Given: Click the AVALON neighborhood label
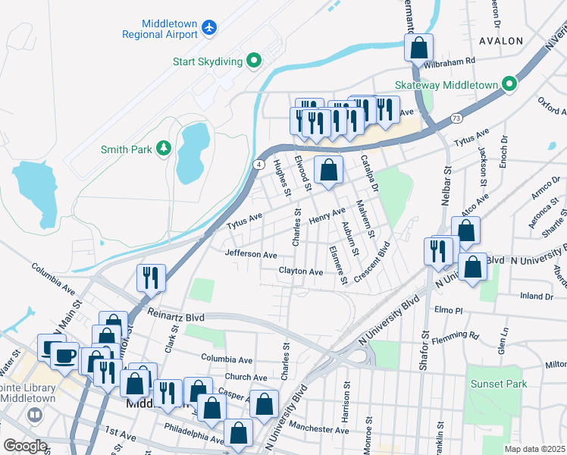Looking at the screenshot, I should coord(501,40).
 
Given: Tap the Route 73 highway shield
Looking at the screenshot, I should coord(456,118).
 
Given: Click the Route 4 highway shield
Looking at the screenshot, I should coord(258,164).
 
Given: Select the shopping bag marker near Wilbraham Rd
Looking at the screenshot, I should coord(418,49).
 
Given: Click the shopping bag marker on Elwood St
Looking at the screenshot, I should coord(328,171).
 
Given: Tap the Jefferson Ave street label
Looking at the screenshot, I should coord(251,255).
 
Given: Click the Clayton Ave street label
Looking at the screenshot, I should coord(301,271).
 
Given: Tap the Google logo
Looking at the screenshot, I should coord(25,445).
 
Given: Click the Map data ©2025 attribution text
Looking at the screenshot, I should coord(534,449).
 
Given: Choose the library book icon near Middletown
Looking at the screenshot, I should coord(34,415).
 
